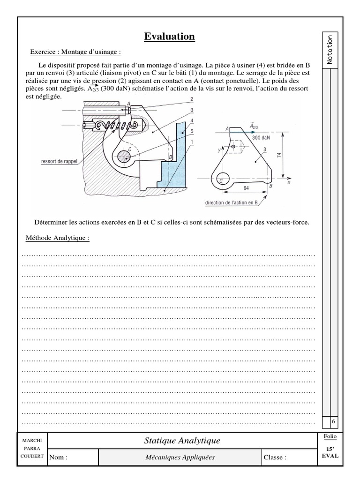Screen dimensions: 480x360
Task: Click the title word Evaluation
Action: [169, 37]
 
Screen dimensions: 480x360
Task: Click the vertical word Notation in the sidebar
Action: [330, 50]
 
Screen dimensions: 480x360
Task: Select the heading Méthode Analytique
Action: [57, 238]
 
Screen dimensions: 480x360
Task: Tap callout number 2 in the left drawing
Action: [192, 99]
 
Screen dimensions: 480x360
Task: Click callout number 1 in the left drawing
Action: [192, 141]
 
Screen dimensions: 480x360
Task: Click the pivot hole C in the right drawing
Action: [223, 179]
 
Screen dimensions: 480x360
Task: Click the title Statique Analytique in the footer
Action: [182, 441]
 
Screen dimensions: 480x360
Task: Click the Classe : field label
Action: [275, 458]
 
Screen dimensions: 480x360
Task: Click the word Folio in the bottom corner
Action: [330, 436]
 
